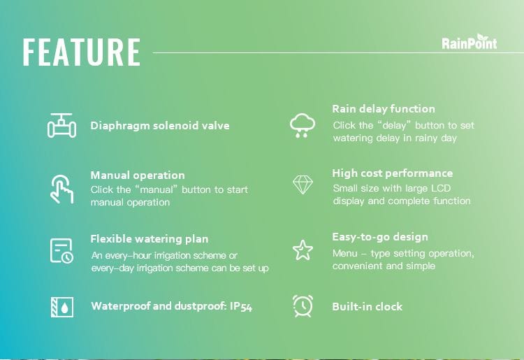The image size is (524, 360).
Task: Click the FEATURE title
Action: [82, 52]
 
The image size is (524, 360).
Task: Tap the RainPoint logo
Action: [470, 42]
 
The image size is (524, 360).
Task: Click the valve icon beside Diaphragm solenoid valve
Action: [61, 125]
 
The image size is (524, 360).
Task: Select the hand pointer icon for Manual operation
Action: [61, 189]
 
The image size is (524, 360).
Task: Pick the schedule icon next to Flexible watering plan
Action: [61, 251]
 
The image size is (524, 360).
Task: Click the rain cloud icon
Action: [302, 125]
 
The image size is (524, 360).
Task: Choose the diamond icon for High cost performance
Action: [303, 185]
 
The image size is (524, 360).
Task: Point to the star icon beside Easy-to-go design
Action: [303, 250]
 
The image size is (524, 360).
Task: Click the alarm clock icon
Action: [303, 306]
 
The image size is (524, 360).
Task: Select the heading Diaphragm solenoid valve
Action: [160, 126]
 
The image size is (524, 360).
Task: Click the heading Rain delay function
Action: [384, 108]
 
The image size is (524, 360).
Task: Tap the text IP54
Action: [241, 306]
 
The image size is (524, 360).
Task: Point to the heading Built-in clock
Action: [367, 306]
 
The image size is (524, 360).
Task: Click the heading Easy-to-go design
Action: [380, 237]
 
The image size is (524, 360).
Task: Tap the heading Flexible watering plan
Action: [150, 239]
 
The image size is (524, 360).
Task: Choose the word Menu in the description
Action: [345, 253]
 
